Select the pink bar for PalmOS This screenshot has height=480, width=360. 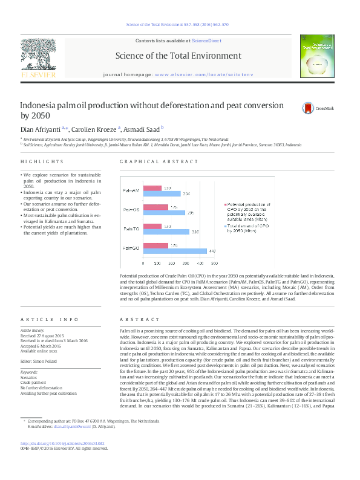pyautogui.click(x=155, y=207)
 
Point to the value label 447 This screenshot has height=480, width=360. pyautogui.click(x=212, y=251)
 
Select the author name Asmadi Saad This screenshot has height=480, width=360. pyautogui.click(x=143, y=129)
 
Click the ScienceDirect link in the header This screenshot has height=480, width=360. pyautogui.click(x=206, y=41)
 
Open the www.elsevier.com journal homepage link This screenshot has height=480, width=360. pyautogui.click(x=192, y=73)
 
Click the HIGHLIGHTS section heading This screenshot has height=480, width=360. pyautogui.click(x=42, y=162)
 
